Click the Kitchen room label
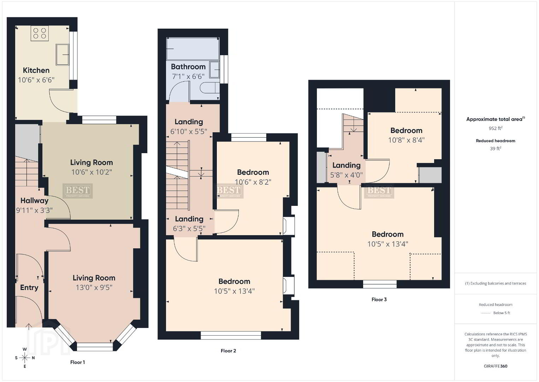36,70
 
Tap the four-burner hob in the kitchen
40,33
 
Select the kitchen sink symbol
63,54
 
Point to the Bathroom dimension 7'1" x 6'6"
188,76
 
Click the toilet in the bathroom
209,88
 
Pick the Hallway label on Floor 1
34,201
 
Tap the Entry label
29,288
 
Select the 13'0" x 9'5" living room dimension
94,288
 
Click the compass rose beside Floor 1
24,358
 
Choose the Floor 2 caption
229,351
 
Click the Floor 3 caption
379,299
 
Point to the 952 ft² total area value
496,128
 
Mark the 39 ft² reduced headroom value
496,149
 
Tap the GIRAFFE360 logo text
496,366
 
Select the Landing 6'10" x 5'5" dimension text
189,132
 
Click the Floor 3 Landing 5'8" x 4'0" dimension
346,175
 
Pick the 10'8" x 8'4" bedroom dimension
407,140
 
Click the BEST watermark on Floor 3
379,192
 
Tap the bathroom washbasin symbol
214,70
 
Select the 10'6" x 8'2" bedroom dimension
253,182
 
